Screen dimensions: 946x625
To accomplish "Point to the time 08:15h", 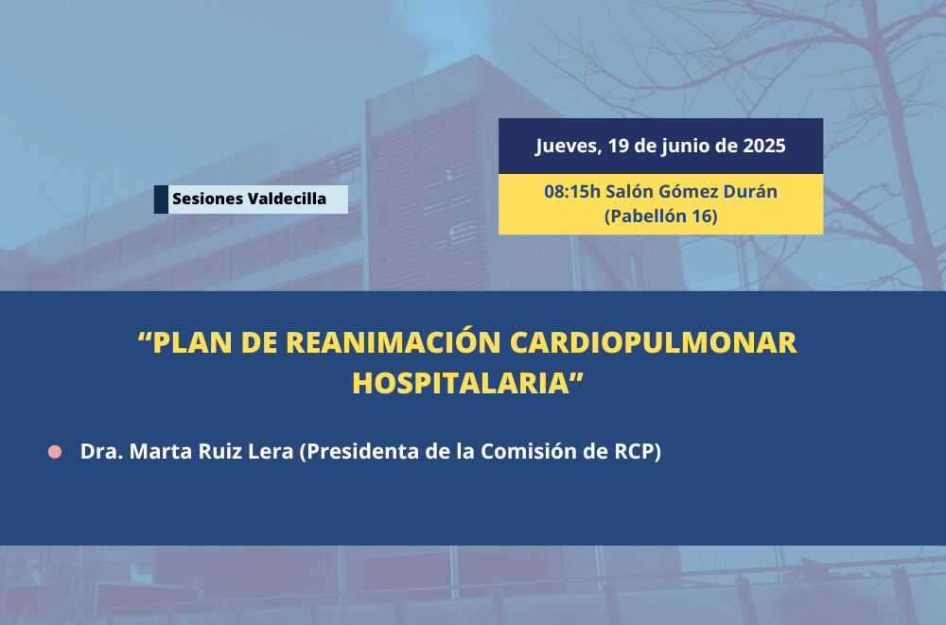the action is [572, 191].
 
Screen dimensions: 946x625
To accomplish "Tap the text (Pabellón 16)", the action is [660, 216].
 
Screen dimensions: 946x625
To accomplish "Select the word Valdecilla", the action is [288, 199].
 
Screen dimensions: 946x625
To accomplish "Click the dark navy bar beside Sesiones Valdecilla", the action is [161, 200].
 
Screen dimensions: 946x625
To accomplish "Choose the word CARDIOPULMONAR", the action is [654, 342].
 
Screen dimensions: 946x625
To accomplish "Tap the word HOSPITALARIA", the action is [461, 383].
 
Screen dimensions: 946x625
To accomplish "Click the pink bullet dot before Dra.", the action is [55, 452].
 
